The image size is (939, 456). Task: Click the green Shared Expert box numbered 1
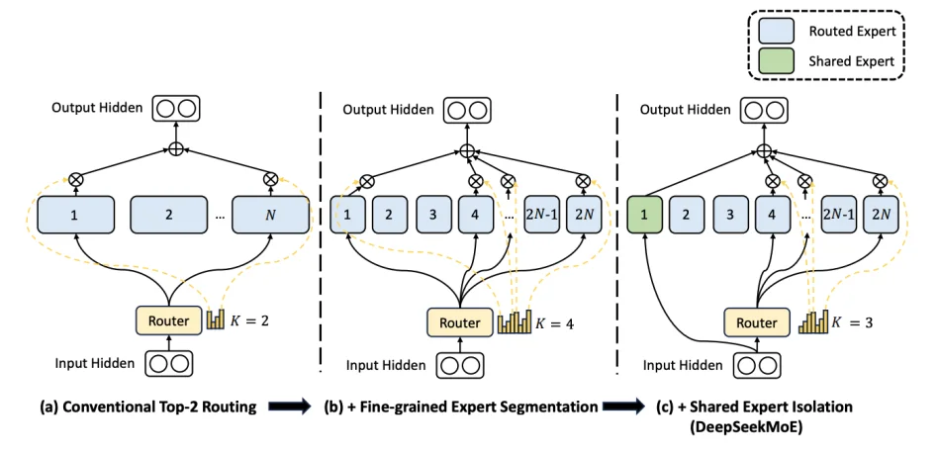645,213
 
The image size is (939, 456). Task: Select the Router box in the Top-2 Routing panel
167,319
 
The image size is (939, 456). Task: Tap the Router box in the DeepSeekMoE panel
757,322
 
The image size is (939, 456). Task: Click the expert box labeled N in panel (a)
269,214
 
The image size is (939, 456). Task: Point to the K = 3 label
852,322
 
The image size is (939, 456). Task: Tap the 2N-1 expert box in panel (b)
542,214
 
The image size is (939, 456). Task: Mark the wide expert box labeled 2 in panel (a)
169,214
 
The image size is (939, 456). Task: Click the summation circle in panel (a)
176,149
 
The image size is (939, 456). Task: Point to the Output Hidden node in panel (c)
763,108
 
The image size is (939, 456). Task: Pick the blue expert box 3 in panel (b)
431,214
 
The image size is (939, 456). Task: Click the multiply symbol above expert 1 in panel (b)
367,181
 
